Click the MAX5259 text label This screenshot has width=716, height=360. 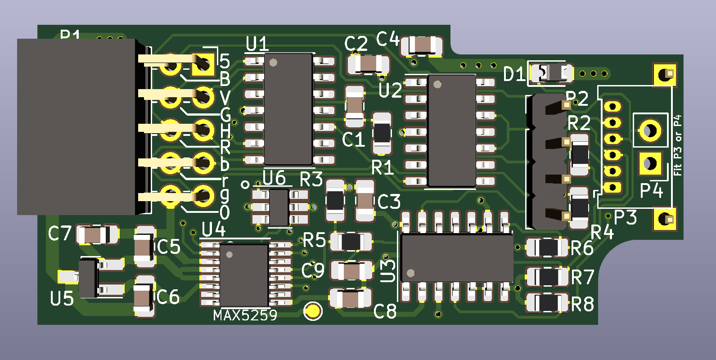click(x=245, y=315)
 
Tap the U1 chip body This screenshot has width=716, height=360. click(x=288, y=109)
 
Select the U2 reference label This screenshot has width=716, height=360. click(x=390, y=90)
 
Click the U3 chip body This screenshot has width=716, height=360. click(x=456, y=257)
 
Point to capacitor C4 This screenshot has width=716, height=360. click(x=422, y=45)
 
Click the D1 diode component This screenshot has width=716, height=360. click(x=551, y=72)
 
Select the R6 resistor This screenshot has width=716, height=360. click(x=548, y=247)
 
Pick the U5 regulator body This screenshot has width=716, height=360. click(x=89, y=277)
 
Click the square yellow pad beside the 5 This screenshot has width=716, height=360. click(x=203, y=64)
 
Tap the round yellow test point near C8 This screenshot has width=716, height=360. click(x=313, y=311)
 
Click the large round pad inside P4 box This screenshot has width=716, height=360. click(x=650, y=130)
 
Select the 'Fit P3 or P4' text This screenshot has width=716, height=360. click(x=677, y=145)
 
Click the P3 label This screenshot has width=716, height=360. click(x=625, y=218)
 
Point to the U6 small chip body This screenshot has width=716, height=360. click(x=279, y=207)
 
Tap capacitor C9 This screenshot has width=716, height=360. click(x=351, y=271)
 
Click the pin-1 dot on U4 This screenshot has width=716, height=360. click(x=229, y=255)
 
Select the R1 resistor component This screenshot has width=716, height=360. click(x=382, y=133)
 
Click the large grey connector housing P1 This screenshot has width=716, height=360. click(x=77, y=126)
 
